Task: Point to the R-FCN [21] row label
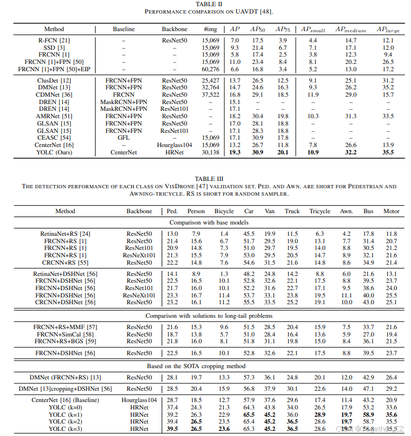(54, 41)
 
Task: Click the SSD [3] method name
(54, 48)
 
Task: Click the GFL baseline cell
(124, 137)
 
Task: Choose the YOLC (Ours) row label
(54, 152)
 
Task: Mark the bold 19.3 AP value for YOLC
(235, 152)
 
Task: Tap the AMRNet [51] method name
(54, 115)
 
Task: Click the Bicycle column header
(224, 211)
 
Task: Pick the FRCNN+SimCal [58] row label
(65, 334)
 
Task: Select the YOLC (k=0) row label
(65, 407)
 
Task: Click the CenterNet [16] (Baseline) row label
(65, 400)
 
